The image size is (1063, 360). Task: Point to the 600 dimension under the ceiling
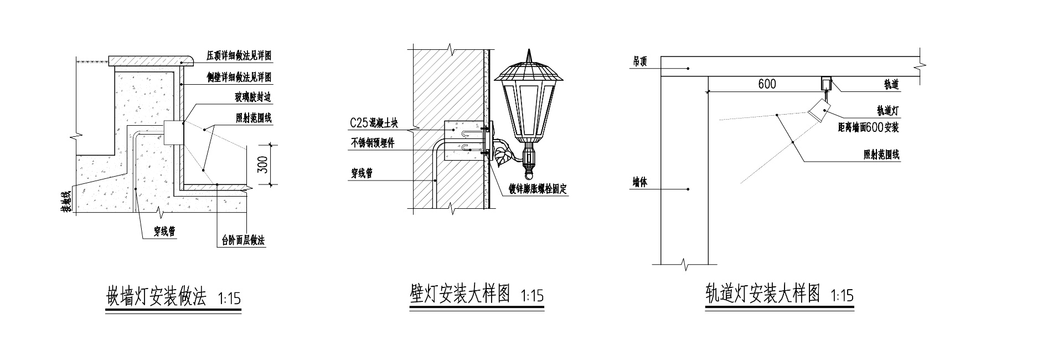[x=767, y=84]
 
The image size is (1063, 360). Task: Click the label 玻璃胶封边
[x=253, y=97]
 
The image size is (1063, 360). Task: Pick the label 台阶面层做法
[x=243, y=241]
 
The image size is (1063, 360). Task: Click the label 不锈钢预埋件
[x=373, y=143]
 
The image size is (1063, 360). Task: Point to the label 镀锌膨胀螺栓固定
[x=539, y=189]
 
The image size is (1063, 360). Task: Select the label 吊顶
[x=639, y=62]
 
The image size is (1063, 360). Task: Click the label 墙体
[x=639, y=182]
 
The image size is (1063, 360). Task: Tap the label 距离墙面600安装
[x=868, y=127]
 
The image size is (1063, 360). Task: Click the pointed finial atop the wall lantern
[x=529, y=55]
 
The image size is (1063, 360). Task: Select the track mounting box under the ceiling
[x=826, y=83]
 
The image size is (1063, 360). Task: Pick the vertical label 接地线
[x=65, y=202]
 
